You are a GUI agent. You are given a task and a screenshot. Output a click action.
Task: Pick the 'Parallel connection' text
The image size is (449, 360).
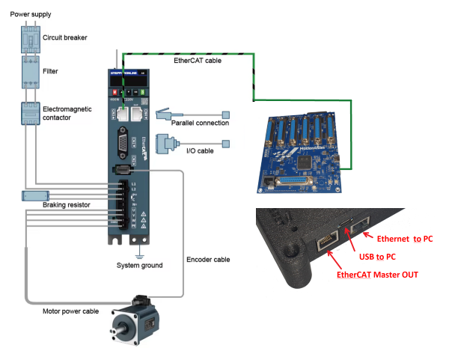coord(200,123)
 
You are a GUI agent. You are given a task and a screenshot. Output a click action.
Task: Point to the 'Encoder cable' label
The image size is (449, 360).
coord(208,259)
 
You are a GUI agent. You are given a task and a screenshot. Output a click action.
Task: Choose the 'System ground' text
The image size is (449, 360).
coord(139,266)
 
